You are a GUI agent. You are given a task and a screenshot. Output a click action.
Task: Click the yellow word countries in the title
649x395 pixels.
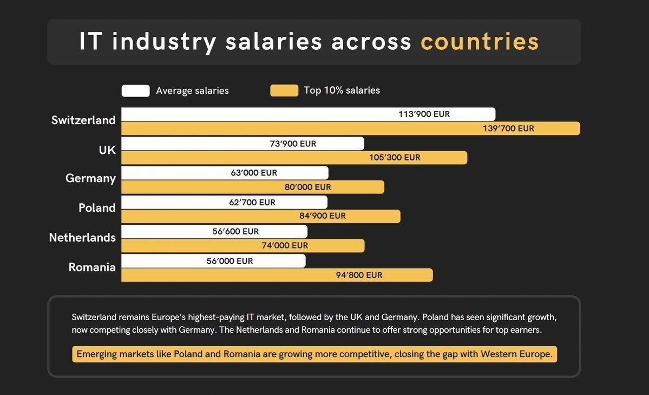480,42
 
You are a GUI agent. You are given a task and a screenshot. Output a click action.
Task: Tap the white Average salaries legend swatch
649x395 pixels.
135,90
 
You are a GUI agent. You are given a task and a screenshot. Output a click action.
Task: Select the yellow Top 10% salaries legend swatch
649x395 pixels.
284,90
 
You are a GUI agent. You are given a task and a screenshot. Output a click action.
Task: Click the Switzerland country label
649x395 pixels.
83,120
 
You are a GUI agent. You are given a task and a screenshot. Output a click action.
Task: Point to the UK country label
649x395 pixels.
107,150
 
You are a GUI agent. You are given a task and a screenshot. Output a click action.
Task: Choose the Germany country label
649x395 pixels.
90,178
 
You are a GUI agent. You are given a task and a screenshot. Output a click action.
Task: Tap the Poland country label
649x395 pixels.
97,208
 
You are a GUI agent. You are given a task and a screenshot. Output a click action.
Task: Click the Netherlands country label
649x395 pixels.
82,237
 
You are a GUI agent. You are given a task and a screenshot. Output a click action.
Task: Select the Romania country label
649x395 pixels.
92,267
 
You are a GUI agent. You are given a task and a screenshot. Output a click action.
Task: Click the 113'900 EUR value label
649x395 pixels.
424,114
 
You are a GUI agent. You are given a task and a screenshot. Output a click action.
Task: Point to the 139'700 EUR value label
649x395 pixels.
508,128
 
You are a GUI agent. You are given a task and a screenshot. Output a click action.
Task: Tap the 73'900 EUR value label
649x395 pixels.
293,144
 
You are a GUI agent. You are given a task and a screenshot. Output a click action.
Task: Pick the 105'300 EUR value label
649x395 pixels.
395,158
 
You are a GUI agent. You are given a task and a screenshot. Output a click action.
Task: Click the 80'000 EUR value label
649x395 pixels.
307,187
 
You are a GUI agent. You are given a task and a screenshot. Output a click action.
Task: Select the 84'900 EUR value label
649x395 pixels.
323,216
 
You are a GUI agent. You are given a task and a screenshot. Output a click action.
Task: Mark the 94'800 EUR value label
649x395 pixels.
359,275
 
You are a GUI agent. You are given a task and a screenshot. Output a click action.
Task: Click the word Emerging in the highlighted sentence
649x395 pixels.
96,354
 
